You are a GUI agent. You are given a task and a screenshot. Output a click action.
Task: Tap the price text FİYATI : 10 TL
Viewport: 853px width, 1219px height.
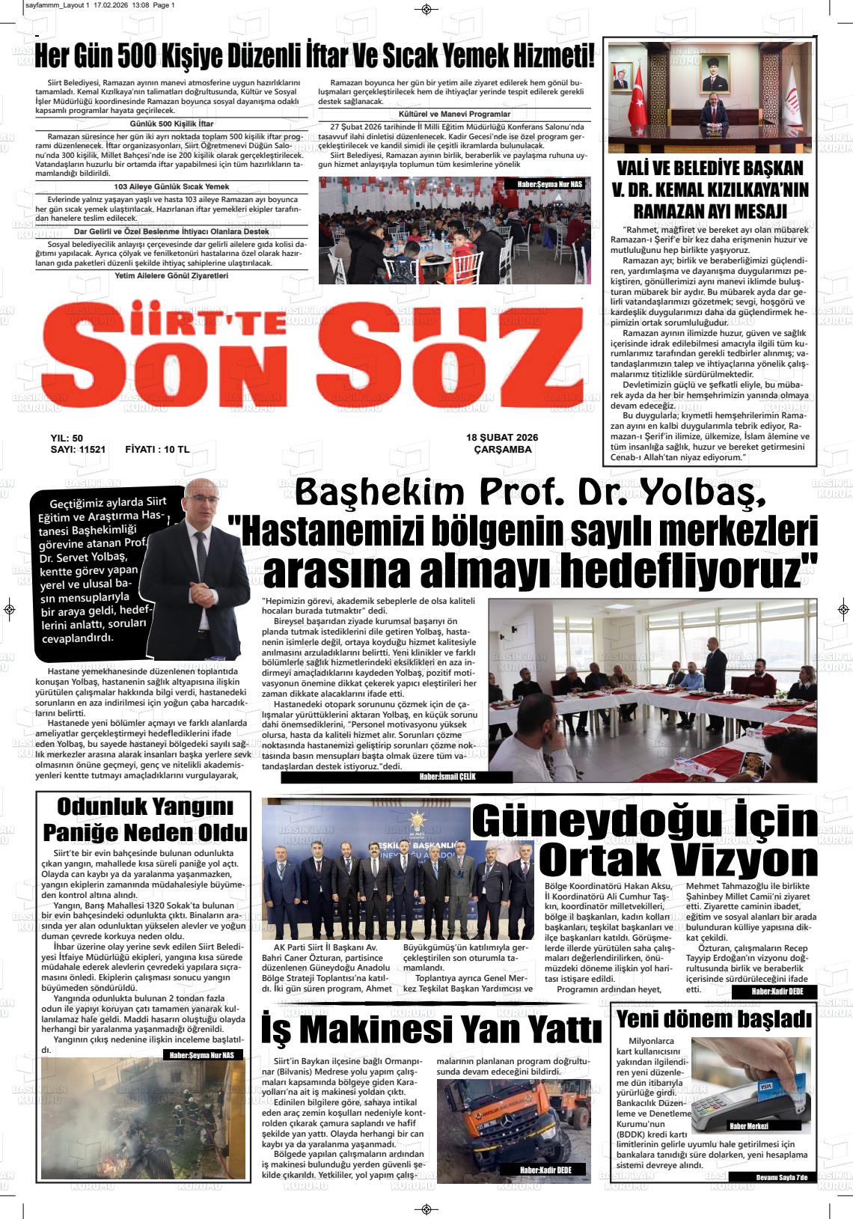coord(157,450)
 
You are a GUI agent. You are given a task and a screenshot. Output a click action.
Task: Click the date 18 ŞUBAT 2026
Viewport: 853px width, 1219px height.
coord(501,438)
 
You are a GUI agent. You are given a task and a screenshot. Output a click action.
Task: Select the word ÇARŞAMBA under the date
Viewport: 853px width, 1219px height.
coord(503,450)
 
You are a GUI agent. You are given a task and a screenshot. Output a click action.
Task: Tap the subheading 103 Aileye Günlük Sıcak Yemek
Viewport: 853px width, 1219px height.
coord(171,186)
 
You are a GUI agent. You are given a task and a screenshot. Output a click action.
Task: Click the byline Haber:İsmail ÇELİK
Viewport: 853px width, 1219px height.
coord(448,777)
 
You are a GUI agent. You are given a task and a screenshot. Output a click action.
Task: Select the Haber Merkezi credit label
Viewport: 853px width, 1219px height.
coord(749,1125)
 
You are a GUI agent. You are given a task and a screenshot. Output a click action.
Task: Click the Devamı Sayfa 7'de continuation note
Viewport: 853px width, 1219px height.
coord(782,1178)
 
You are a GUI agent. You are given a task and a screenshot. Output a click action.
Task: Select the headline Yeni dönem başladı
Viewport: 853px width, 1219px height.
coord(713,1019)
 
